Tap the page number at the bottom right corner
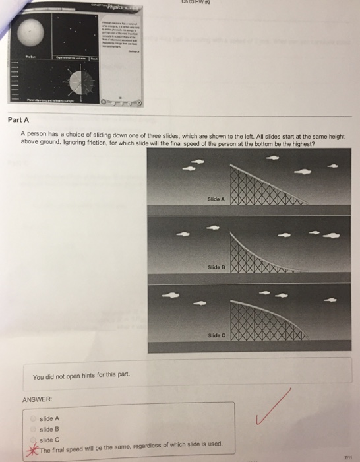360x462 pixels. pyautogui.click(x=347, y=455)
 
